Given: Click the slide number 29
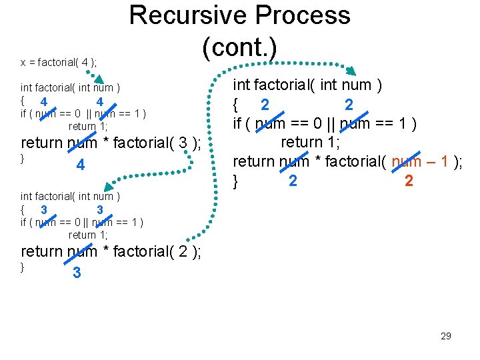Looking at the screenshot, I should [446, 336].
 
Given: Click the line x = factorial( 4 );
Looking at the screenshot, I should [59, 62].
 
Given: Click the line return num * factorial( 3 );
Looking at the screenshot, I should [111, 143].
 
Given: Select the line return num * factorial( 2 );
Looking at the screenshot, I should [111, 251].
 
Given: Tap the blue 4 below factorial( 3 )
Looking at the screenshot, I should [80, 165].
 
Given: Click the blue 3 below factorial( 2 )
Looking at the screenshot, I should [77, 273].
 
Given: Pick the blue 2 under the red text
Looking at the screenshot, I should [409, 181].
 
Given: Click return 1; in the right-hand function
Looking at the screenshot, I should [310, 142].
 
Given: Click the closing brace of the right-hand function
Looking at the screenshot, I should [235, 180].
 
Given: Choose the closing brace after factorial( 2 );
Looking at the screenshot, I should [23, 267].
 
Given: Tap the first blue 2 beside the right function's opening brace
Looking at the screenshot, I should [265, 105].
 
